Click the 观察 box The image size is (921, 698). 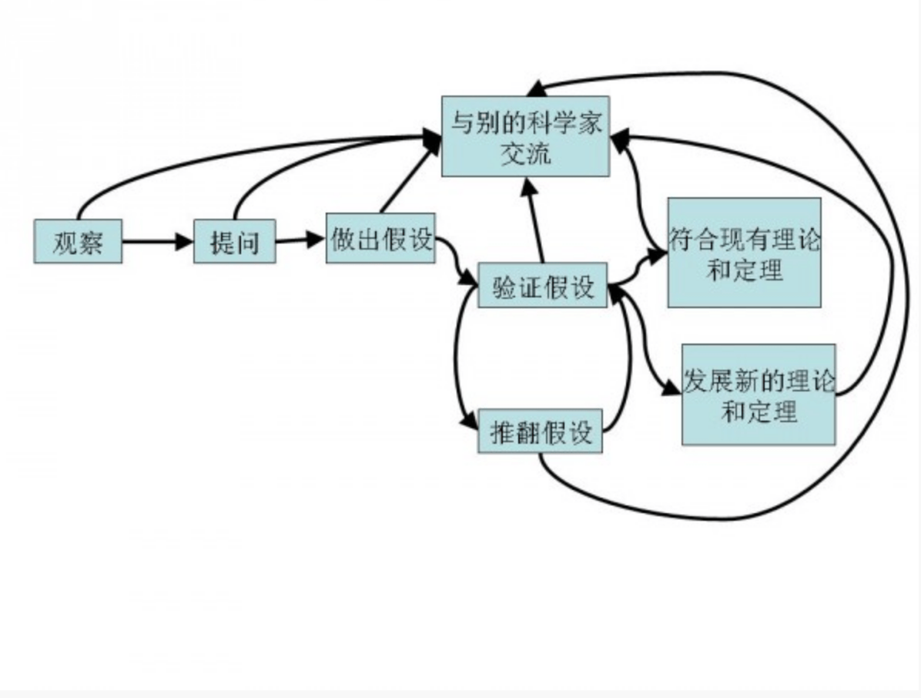[x=77, y=241]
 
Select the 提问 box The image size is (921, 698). [x=234, y=241]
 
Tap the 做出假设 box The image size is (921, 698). [x=380, y=238]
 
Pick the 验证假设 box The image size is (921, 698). [x=543, y=285]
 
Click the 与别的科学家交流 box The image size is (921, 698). [x=525, y=136]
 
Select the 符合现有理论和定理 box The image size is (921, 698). [x=744, y=253]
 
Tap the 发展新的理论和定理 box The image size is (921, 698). [x=759, y=394]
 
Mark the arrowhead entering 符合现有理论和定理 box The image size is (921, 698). [x=656, y=253]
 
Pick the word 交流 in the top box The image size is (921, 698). [x=525, y=153]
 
